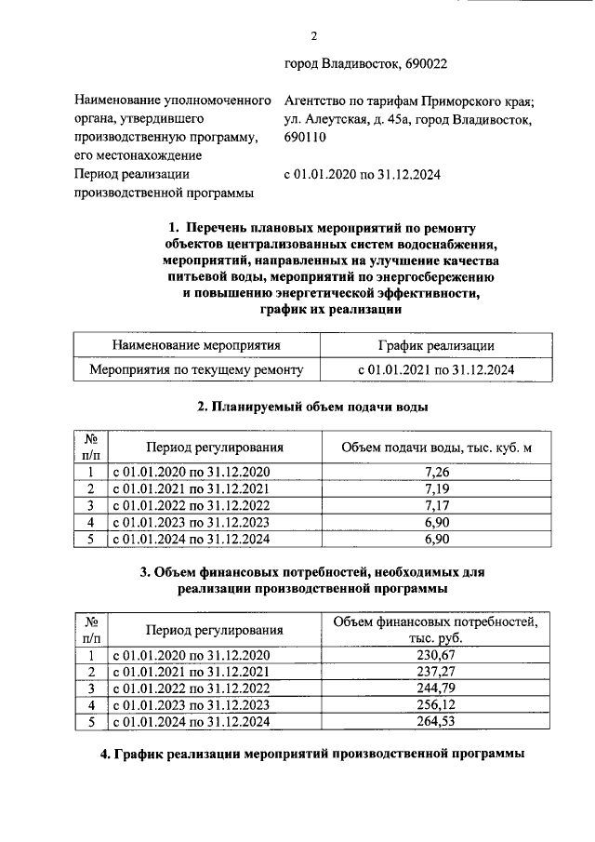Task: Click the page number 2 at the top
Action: (313, 36)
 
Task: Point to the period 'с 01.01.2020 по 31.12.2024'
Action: (362, 174)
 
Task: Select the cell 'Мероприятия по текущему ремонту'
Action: (196, 369)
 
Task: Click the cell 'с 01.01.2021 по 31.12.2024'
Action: (436, 369)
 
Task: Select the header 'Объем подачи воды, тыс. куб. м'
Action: (436, 448)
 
